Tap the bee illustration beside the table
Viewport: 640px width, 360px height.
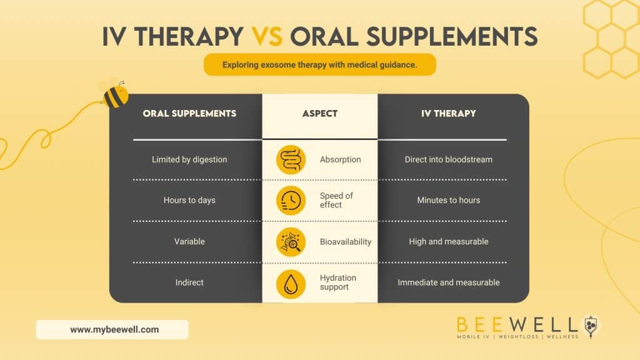pyautogui.click(x=114, y=94)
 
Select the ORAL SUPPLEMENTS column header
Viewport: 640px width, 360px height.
pyautogui.click(x=189, y=114)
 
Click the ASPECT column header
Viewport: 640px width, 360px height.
pyautogui.click(x=319, y=114)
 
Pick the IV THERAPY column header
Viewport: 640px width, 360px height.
pyautogui.click(x=449, y=114)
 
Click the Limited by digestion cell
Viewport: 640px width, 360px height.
pyautogui.click(x=189, y=159)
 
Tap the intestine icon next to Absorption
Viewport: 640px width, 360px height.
pyautogui.click(x=291, y=159)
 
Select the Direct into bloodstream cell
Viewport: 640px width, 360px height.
pyautogui.click(x=449, y=159)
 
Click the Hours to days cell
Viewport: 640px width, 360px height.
pyautogui.click(x=189, y=200)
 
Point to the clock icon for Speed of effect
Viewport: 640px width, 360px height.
pyautogui.click(x=291, y=200)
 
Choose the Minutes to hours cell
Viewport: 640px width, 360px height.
pyautogui.click(x=449, y=200)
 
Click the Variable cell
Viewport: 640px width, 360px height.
pyautogui.click(x=189, y=241)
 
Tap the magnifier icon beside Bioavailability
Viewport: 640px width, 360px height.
pyautogui.click(x=291, y=241)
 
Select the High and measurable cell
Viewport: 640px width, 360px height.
pyautogui.click(x=449, y=241)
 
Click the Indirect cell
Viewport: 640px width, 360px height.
pyautogui.click(x=189, y=282)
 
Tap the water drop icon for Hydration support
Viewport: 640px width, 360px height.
pyautogui.click(x=291, y=282)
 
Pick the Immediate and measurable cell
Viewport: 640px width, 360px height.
pyautogui.click(x=449, y=282)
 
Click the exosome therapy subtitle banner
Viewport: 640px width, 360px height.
pyautogui.click(x=319, y=64)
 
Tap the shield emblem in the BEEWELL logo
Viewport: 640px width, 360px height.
pyautogui.click(x=591, y=324)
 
